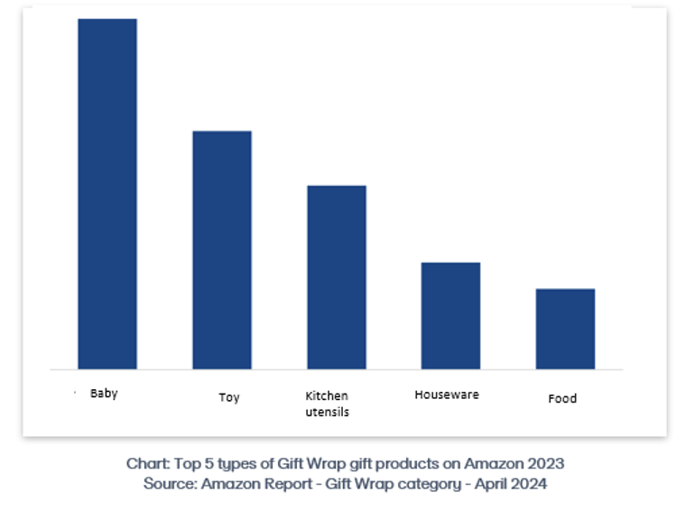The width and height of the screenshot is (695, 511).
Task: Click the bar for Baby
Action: [107, 193]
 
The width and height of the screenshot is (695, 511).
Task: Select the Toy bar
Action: [222, 250]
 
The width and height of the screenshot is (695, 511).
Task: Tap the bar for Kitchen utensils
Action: [337, 277]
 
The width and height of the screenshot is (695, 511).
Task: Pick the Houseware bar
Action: [450, 315]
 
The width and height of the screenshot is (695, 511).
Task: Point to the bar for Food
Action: [565, 329]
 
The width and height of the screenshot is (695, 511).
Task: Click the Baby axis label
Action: [104, 394]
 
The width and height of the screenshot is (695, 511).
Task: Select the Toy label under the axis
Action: [229, 397]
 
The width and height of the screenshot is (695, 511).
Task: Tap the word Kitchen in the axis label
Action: [327, 395]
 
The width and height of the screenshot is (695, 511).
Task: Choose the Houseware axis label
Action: [447, 395]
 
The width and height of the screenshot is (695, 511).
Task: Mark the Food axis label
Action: [562, 398]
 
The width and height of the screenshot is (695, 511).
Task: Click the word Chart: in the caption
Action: [146, 463]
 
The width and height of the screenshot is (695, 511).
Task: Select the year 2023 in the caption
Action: [544, 463]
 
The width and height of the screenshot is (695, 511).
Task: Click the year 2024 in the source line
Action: [529, 484]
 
